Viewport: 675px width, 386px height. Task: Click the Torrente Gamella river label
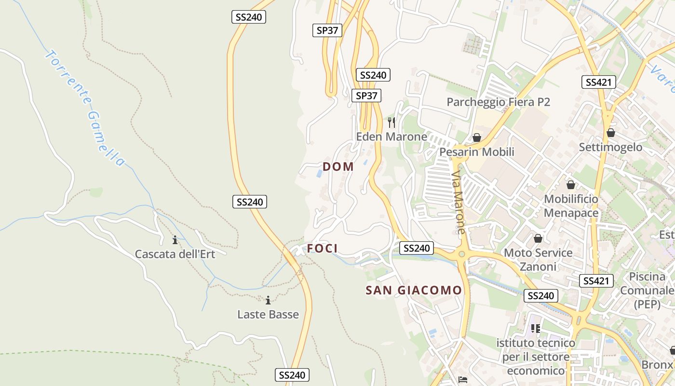tap(84, 108)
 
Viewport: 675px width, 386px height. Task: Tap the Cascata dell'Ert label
tap(175, 254)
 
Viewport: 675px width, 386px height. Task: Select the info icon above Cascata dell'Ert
tap(175, 240)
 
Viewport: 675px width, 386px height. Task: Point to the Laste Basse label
tap(268, 315)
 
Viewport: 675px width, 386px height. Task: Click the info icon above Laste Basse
tap(268, 301)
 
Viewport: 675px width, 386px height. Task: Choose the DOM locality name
tap(338, 167)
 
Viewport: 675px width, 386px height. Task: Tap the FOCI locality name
tap(323, 248)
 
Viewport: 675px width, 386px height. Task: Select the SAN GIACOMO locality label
tap(414, 290)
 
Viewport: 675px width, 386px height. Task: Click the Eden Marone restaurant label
tap(391, 137)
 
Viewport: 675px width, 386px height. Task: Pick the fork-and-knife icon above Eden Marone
tap(391, 123)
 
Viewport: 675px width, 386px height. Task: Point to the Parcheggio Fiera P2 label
tap(498, 102)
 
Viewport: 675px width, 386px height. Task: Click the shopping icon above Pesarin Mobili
tap(477, 138)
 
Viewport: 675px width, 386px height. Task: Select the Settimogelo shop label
tap(611, 147)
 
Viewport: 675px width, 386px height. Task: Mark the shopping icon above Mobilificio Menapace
tap(571, 185)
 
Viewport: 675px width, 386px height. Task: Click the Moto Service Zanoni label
tap(538, 260)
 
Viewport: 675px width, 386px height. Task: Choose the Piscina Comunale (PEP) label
tap(647, 290)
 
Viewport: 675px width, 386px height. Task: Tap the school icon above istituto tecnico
tap(535, 329)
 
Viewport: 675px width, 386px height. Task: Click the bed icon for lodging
tap(463, 379)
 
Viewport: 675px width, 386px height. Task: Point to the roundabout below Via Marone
tap(462, 254)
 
